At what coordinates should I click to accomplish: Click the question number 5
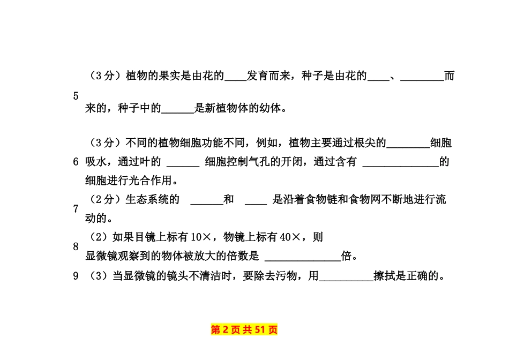point(76,96)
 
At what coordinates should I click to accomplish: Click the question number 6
point(76,162)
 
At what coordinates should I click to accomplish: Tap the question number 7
point(76,209)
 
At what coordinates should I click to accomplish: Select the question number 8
point(76,247)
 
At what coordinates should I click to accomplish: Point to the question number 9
point(76,276)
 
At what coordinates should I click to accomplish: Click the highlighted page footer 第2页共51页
point(244,329)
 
